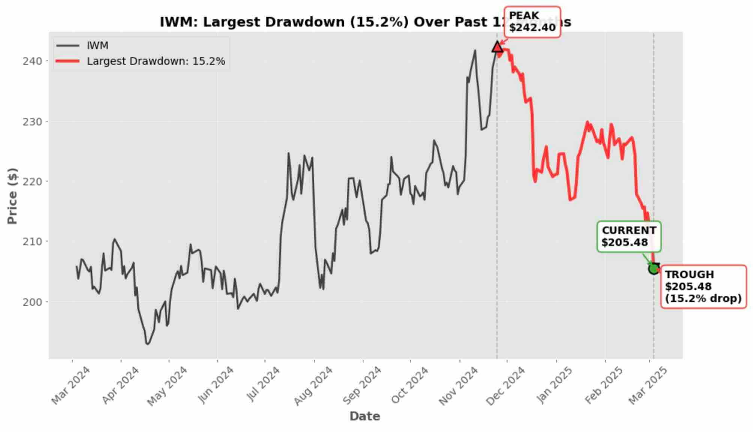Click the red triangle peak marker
[497, 47]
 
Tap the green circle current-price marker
[654, 268]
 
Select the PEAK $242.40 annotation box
[532, 22]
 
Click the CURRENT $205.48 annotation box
[629, 236]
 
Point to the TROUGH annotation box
[703, 286]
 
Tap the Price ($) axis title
[13, 196]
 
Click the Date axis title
[364, 416]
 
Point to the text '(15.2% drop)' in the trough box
[703, 298]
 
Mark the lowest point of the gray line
[148, 344]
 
